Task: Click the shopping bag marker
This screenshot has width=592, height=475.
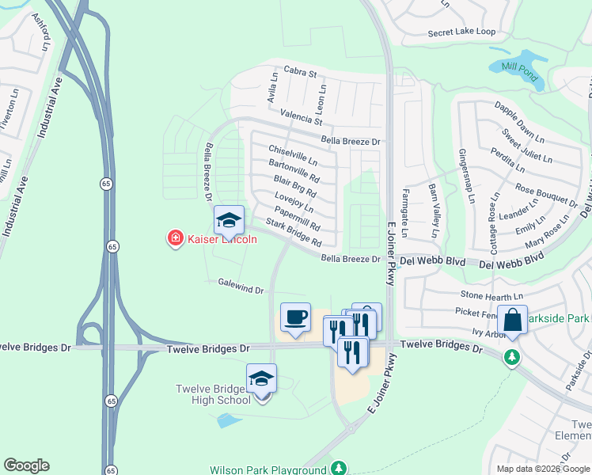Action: click(x=512, y=321)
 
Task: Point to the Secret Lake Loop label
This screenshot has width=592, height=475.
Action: click(x=461, y=32)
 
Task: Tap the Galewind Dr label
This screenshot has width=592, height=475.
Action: click(x=241, y=285)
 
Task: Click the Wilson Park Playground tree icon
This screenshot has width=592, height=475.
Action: click(x=339, y=469)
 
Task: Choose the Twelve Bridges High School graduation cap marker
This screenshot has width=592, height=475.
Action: click(x=261, y=379)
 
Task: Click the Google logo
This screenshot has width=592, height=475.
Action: click(x=26, y=465)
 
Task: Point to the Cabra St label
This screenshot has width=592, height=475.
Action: click(x=300, y=74)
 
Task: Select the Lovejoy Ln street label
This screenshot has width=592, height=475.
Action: click(x=294, y=203)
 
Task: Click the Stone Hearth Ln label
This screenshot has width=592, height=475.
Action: click(x=471, y=294)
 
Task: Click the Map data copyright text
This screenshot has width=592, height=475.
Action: click(x=542, y=469)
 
